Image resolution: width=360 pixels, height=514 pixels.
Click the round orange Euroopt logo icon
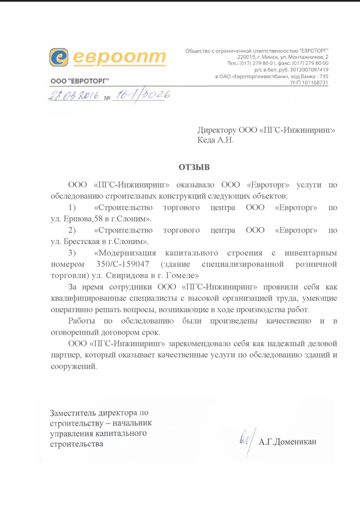click(x=59, y=57)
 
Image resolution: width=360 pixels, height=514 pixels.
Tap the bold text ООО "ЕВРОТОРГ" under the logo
click(x=79, y=81)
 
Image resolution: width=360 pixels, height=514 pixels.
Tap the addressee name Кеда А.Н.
click(x=215, y=140)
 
